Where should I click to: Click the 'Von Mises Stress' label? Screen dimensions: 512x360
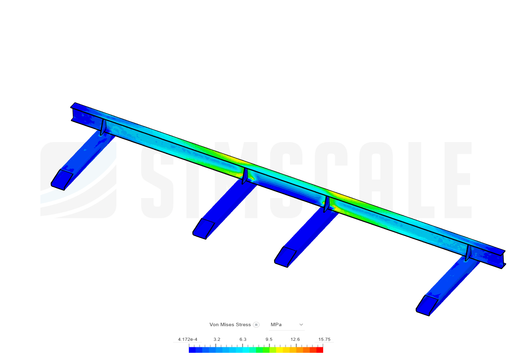[x=230, y=324]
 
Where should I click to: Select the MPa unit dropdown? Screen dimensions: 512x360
[x=287, y=324]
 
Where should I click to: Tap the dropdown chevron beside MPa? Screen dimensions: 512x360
[x=301, y=324]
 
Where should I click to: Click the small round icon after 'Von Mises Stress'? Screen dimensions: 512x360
[x=256, y=325]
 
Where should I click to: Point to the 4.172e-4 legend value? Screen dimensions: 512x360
[x=188, y=340]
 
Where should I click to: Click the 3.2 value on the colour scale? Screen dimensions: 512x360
[x=217, y=340]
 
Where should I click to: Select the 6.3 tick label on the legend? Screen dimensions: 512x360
[x=243, y=340]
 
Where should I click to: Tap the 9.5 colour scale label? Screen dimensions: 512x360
[x=269, y=340]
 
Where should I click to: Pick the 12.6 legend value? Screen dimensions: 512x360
[x=295, y=340]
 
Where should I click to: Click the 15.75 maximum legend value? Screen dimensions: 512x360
[x=324, y=340]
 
